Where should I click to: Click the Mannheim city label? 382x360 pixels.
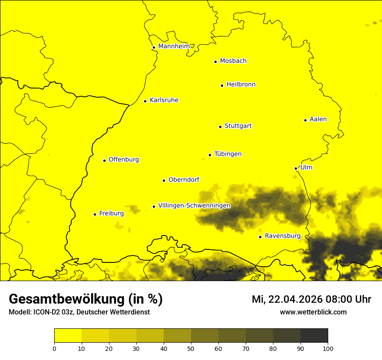tap(174, 46)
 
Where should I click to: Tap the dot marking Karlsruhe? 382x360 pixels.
tap(145, 101)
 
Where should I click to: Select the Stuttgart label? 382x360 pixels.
tap(238, 126)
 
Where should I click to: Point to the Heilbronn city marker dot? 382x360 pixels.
tap(222, 85)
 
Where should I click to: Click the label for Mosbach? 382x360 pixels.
tap(233, 61)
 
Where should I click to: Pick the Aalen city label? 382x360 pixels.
tap(318, 119)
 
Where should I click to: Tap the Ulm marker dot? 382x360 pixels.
tap(296, 168)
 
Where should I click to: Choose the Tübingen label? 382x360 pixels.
tap(228, 154)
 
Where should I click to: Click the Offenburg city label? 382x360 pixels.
tap(124, 160)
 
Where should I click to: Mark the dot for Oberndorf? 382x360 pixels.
tap(164, 180)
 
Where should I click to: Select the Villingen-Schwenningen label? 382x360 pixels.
tap(194, 206)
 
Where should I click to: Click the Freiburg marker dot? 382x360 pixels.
tap(95, 214)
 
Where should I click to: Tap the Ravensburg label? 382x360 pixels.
tap(283, 236)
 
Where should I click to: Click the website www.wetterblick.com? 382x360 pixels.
tap(313, 312)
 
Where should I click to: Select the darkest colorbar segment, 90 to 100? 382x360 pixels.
tap(314, 336)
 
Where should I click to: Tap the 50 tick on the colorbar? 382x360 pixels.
tap(191, 348)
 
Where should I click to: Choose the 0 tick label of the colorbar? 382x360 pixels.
tap(54, 348)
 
